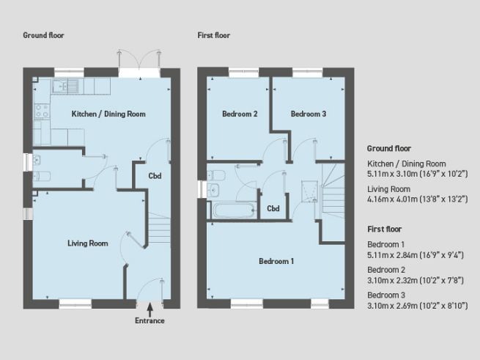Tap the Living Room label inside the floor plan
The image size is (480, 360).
tap(87, 243)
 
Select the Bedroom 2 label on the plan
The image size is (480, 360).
tap(240, 114)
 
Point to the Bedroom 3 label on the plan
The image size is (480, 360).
tap(308, 114)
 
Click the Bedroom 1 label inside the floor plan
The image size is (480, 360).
tap(276, 261)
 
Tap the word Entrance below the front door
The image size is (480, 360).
tap(149, 321)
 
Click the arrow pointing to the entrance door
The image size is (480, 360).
tap(149, 309)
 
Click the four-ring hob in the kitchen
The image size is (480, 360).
tap(42, 111)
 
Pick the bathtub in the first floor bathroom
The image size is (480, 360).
tap(233, 211)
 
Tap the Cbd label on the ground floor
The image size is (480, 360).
tap(155, 176)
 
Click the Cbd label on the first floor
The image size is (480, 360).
tap(273, 209)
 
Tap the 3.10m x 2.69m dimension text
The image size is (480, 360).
tap(405, 306)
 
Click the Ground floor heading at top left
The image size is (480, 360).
tap(45, 35)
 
